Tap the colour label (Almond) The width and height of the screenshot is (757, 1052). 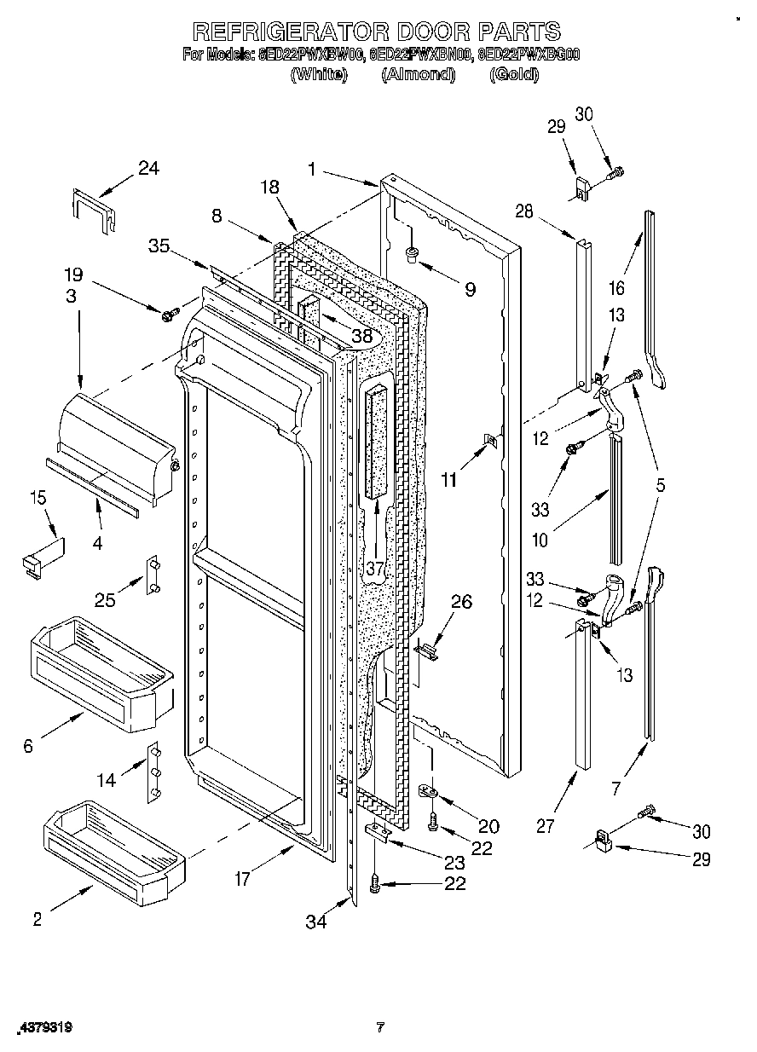[x=419, y=75]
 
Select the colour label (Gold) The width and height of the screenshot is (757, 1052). [x=514, y=75]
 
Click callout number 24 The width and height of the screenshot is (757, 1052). [x=148, y=168]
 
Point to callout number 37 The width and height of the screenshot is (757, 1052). [x=375, y=569]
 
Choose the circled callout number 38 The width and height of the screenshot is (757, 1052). [x=362, y=336]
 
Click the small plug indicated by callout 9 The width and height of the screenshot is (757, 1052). [x=411, y=252]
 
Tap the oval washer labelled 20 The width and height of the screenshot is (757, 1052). [x=430, y=793]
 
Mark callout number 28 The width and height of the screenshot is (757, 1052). [x=523, y=211]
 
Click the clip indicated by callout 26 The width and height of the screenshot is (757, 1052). [x=426, y=650]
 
